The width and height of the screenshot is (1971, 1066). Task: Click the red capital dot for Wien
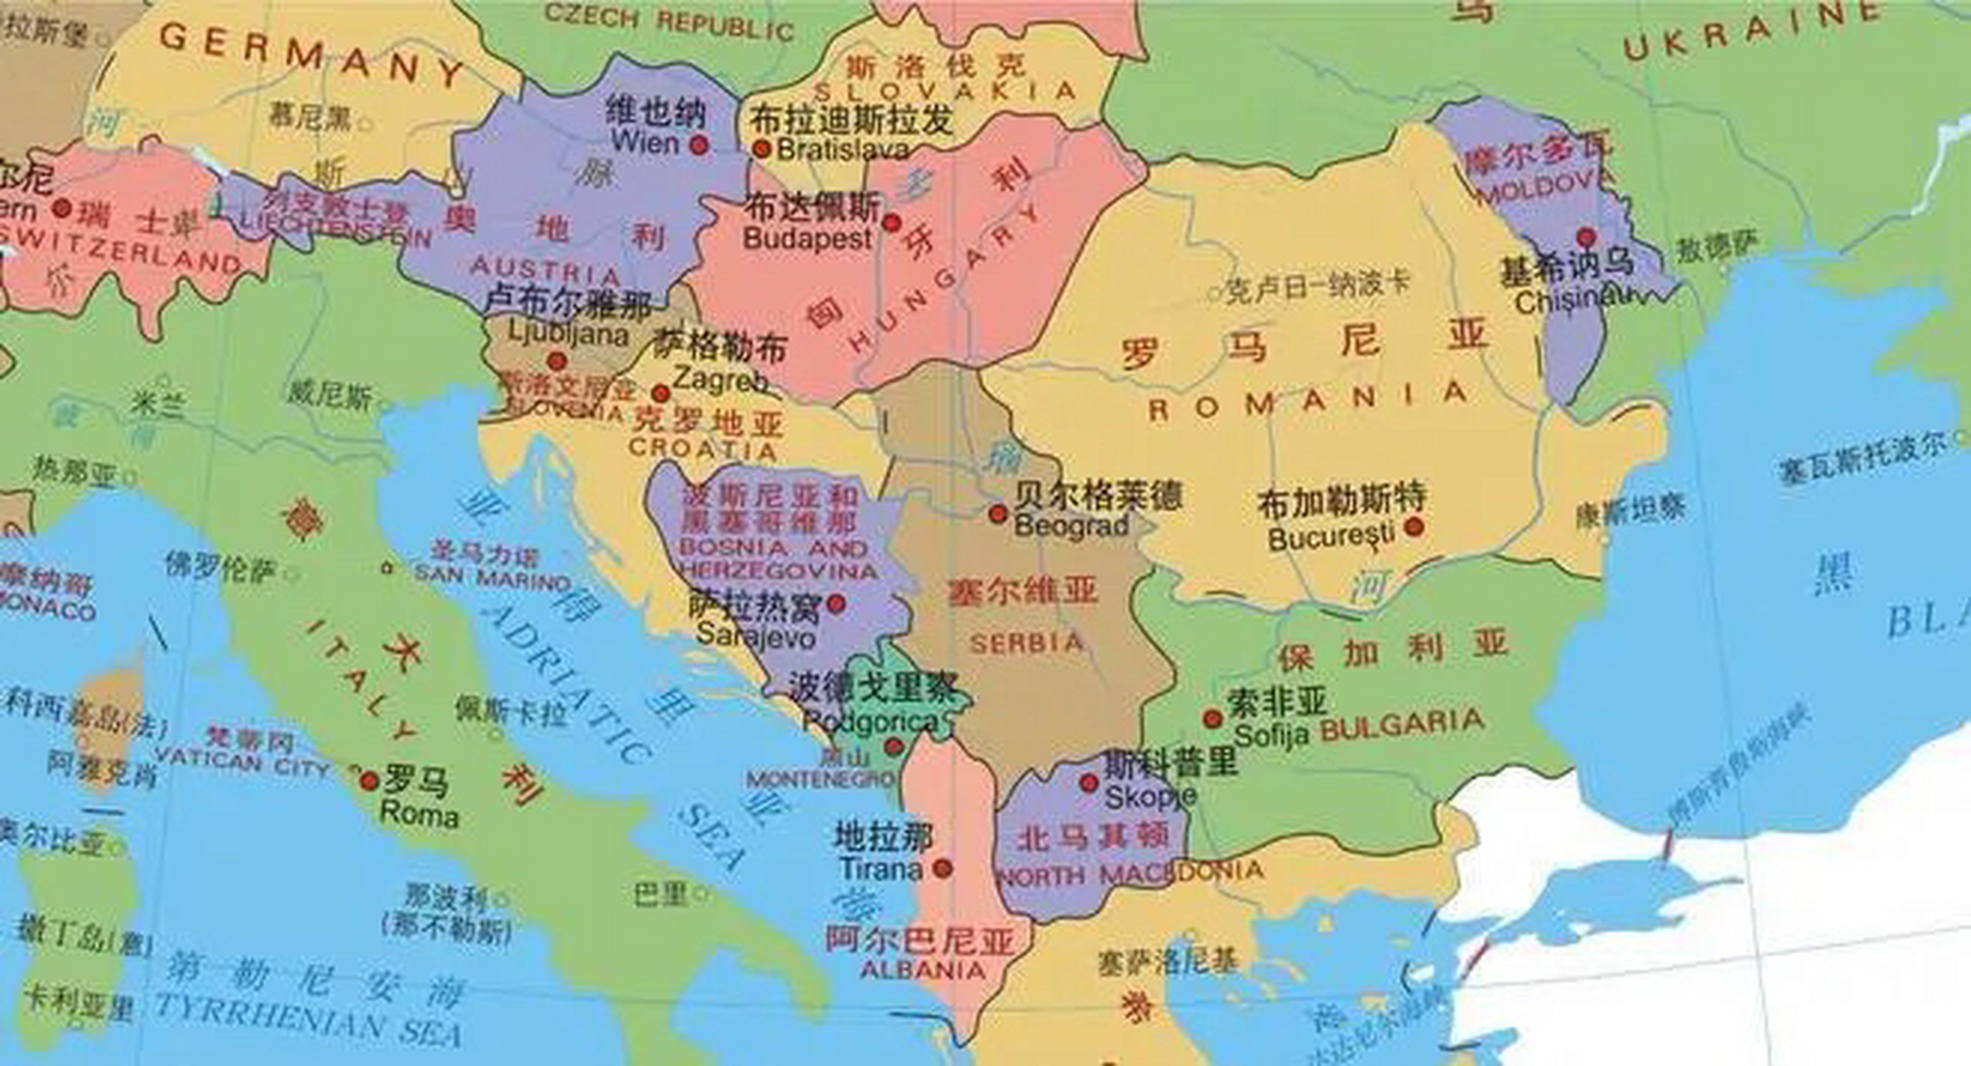(700, 145)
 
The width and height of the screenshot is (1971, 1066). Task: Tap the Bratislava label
(842, 150)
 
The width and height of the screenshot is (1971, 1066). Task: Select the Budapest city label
(806, 239)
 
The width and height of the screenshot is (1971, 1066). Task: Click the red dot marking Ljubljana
(556, 361)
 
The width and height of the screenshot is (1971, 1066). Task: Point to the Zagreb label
(720, 380)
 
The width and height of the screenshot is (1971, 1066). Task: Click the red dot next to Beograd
(997, 514)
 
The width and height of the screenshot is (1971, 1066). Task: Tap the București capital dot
(1413, 526)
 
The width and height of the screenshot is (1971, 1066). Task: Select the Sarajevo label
(756, 635)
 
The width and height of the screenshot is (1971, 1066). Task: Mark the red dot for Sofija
(1212, 718)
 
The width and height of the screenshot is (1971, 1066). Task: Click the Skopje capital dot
(1088, 783)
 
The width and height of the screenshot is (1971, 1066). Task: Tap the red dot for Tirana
(942, 869)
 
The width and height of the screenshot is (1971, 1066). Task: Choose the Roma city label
(418, 814)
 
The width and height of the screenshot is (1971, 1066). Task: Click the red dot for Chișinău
(1586, 237)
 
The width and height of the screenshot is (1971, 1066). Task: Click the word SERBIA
(1026, 643)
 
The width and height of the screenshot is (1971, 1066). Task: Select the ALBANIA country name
(922, 969)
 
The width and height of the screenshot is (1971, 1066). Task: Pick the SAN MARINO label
(492, 576)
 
